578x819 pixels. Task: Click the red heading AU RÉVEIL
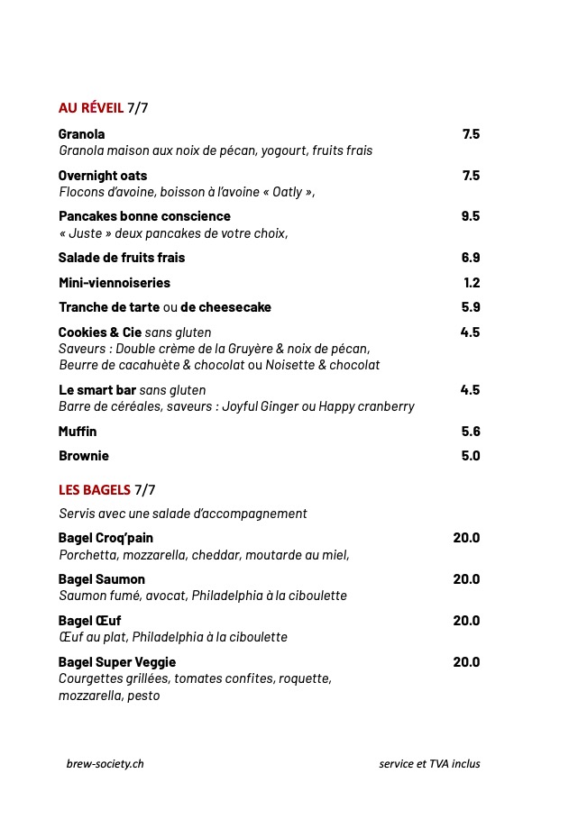tap(90, 108)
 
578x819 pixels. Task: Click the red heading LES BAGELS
tap(94, 490)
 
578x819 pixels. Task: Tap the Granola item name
tap(81, 134)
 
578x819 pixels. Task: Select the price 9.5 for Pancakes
tap(470, 216)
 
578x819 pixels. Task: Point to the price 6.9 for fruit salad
tap(470, 258)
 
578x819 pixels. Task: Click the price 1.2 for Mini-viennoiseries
tap(472, 283)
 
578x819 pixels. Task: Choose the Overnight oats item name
tap(103, 176)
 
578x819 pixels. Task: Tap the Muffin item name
tap(78, 432)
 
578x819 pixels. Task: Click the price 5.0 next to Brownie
tap(470, 456)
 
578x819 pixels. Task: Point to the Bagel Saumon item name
tap(101, 579)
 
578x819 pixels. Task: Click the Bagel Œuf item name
tap(89, 621)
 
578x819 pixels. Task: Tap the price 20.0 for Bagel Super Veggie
tap(466, 662)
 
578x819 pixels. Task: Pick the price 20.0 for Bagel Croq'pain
tap(466, 538)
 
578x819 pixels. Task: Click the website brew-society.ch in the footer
tap(105, 764)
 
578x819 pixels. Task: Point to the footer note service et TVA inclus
tap(429, 764)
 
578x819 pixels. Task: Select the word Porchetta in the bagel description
tap(87, 555)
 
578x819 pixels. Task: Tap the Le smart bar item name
tap(97, 390)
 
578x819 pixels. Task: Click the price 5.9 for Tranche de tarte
tap(470, 307)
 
